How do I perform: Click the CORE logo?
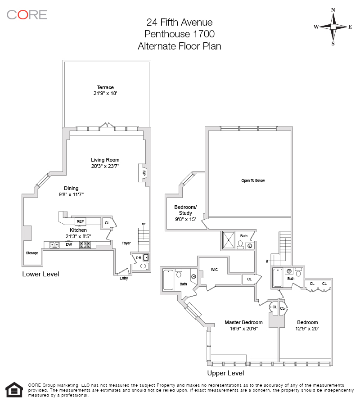(27, 14)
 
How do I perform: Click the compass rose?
(333, 27)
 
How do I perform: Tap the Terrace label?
(105, 87)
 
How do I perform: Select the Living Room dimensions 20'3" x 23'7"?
(105, 166)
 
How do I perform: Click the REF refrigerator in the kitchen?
(80, 221)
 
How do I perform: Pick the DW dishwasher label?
(69, 245)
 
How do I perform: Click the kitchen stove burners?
(85, 245)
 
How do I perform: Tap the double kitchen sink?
(54, 245)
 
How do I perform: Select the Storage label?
(31, 253)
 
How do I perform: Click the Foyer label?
(126, 243)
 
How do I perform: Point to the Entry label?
(124, 278)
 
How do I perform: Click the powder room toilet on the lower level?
(143, 266)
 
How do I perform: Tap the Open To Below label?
(253, 180)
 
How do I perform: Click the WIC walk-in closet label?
(214, 270)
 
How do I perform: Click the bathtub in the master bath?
(168, 280)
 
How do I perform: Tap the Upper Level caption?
(225, 373)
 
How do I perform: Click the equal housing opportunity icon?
(14, 390)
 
